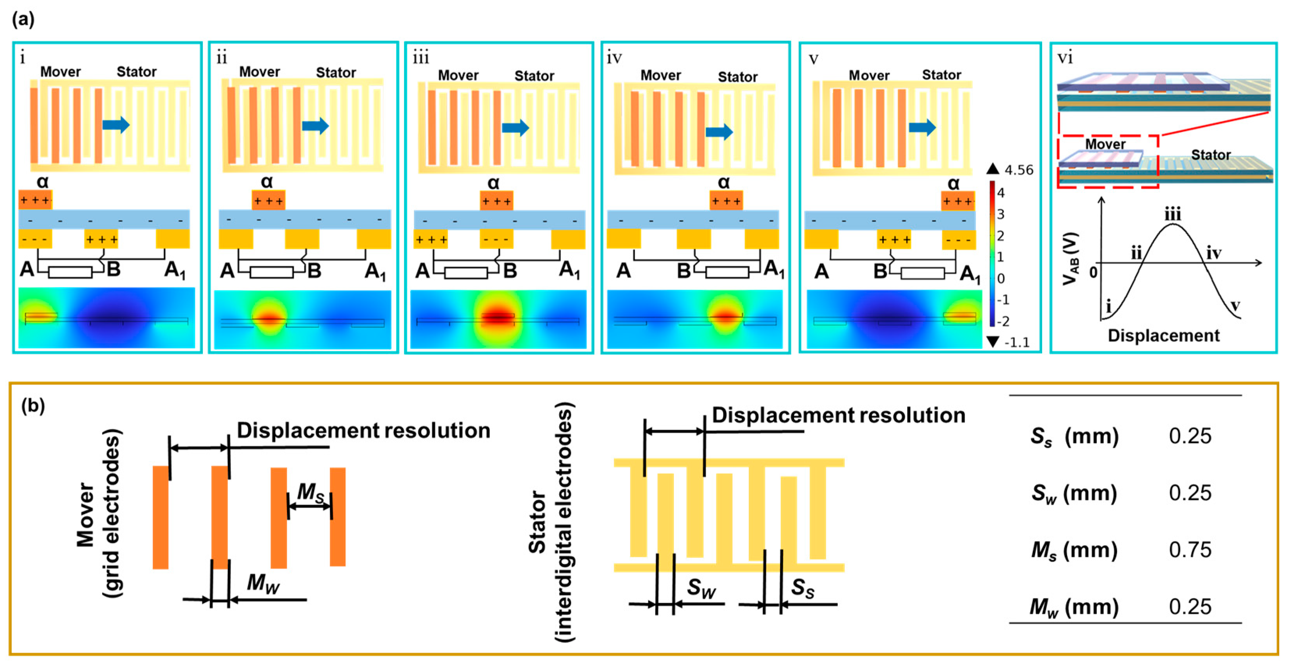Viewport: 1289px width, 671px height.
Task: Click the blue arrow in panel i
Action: tap(116, 125)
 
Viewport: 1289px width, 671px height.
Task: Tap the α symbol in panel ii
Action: tap(267, 181)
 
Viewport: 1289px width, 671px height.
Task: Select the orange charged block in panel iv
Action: tap(726, 201)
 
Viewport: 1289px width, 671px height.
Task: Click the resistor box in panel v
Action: tap(922, 273)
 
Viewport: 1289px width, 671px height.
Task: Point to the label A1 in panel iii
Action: tap(569, 271)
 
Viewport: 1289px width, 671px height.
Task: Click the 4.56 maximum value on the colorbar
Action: tap(1018, 170)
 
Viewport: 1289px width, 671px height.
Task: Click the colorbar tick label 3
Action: tap(1000, 214)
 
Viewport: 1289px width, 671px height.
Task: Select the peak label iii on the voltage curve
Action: tap(1172, 215)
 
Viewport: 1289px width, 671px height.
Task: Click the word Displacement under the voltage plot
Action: tap(1163, 335)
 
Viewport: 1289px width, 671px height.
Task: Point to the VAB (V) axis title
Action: tap(1071, 259)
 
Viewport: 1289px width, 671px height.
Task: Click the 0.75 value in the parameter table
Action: tap(1190, 549)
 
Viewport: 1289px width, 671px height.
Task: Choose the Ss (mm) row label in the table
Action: tap(1074, 436)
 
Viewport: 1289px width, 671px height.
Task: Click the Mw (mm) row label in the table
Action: tap(1074, 607)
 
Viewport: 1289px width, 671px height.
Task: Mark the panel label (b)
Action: tap(33, 405)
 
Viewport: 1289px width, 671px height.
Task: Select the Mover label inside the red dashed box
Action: tap(1105, 144)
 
